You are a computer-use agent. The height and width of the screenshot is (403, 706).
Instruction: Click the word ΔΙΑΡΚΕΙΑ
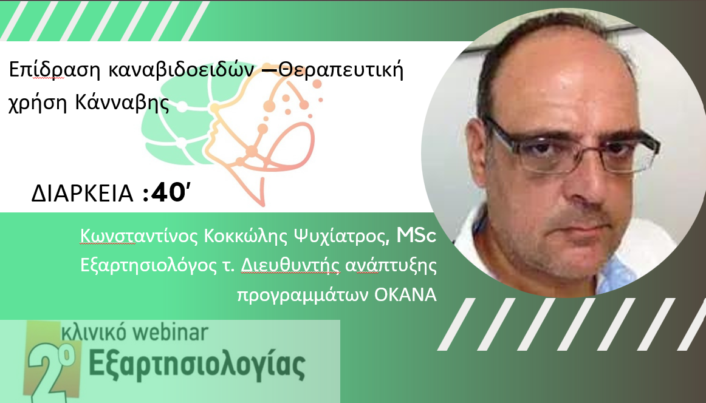pyautogui.click(x=83, y=194)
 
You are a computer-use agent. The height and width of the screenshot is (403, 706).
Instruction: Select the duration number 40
pyautogui.click(x=168, y=194)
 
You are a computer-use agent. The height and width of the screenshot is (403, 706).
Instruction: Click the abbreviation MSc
pyautogui.click(x=416, y=235)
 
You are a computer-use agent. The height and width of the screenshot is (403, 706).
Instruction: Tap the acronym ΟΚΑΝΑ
pyautogui.click(x=406, y=295)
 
